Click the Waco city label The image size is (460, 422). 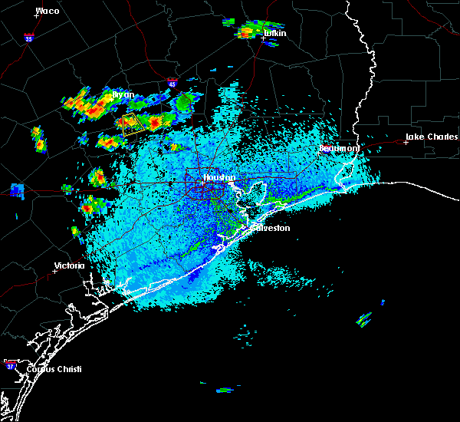48,11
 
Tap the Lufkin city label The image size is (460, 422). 274,34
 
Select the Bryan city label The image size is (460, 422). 123,95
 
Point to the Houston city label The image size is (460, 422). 218,178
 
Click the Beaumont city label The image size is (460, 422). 339,148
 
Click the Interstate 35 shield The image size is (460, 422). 28,37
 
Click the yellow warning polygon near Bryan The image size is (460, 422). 132,124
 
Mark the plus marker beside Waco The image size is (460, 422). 36,16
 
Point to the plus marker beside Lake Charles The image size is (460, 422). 406,142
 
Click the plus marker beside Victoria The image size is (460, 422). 55,271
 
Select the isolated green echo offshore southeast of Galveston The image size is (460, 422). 363,318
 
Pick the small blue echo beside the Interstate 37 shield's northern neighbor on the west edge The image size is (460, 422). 17,190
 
